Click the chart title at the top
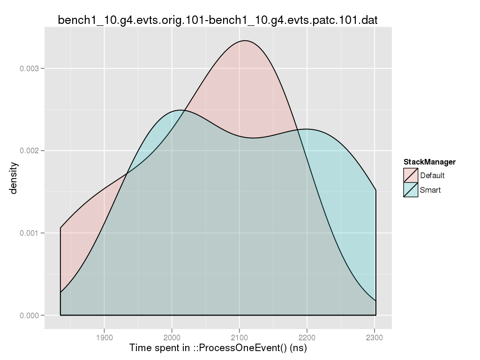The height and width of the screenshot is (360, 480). coord(218,20)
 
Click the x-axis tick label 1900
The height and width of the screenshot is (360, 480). coord(104,337)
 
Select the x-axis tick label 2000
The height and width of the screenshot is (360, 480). coord(172,337)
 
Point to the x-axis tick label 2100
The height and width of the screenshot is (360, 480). coord(240,337)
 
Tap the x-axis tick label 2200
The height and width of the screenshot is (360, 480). coord(307,337)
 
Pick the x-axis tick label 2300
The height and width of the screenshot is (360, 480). coord(375,337)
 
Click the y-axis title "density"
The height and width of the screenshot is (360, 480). coord(14,178)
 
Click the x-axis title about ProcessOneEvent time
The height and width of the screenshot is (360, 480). coord(218,348)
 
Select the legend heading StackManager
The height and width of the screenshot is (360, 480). coord(429,162)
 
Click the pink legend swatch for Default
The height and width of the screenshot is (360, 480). coord(411,175)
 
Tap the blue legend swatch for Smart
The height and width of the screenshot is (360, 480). coord(411,190)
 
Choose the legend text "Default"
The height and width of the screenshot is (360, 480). coord(432,176)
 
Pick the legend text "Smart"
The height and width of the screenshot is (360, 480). coord(430,190)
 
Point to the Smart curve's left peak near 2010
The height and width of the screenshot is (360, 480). coord(180,110)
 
